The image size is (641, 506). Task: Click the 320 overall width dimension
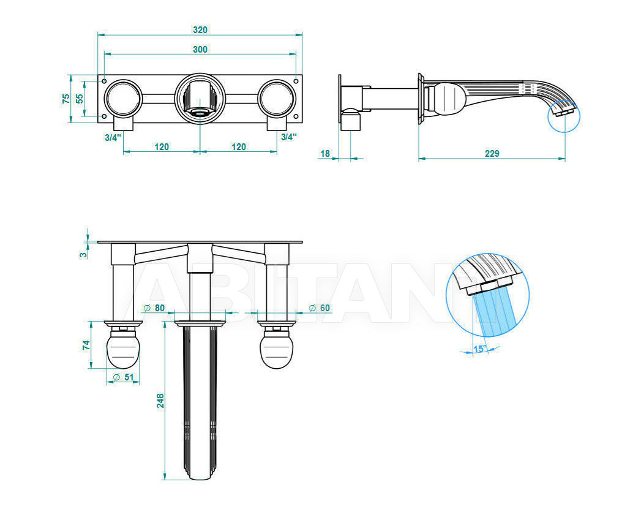click(x=200, y=30)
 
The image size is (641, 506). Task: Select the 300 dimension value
click(x=200, y=50)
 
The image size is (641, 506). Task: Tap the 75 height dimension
click(x=66, y=99)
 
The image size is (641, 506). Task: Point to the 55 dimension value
click(x=80, y=99)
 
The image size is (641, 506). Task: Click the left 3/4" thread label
click(x=113, y=137)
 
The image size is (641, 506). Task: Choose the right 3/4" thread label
click(x=289, y=137)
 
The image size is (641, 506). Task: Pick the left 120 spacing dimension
click(x=162, y=146)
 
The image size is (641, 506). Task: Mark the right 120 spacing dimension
click(x=239, y=146)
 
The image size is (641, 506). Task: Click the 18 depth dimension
click(x=325, y=153)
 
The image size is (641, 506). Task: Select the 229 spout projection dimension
click(x=492, y=153)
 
